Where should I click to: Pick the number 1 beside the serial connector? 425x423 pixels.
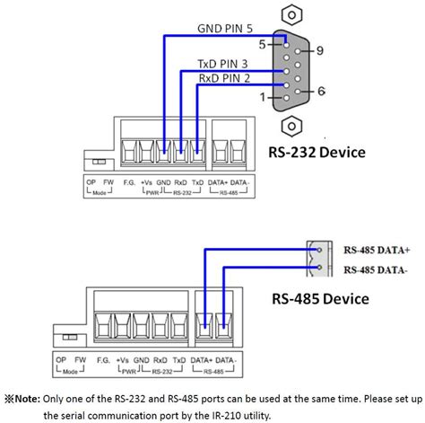tap(262, 97)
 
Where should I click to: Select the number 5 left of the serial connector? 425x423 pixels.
tap(262, 43)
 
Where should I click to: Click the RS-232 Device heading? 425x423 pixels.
tap(317, 152)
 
